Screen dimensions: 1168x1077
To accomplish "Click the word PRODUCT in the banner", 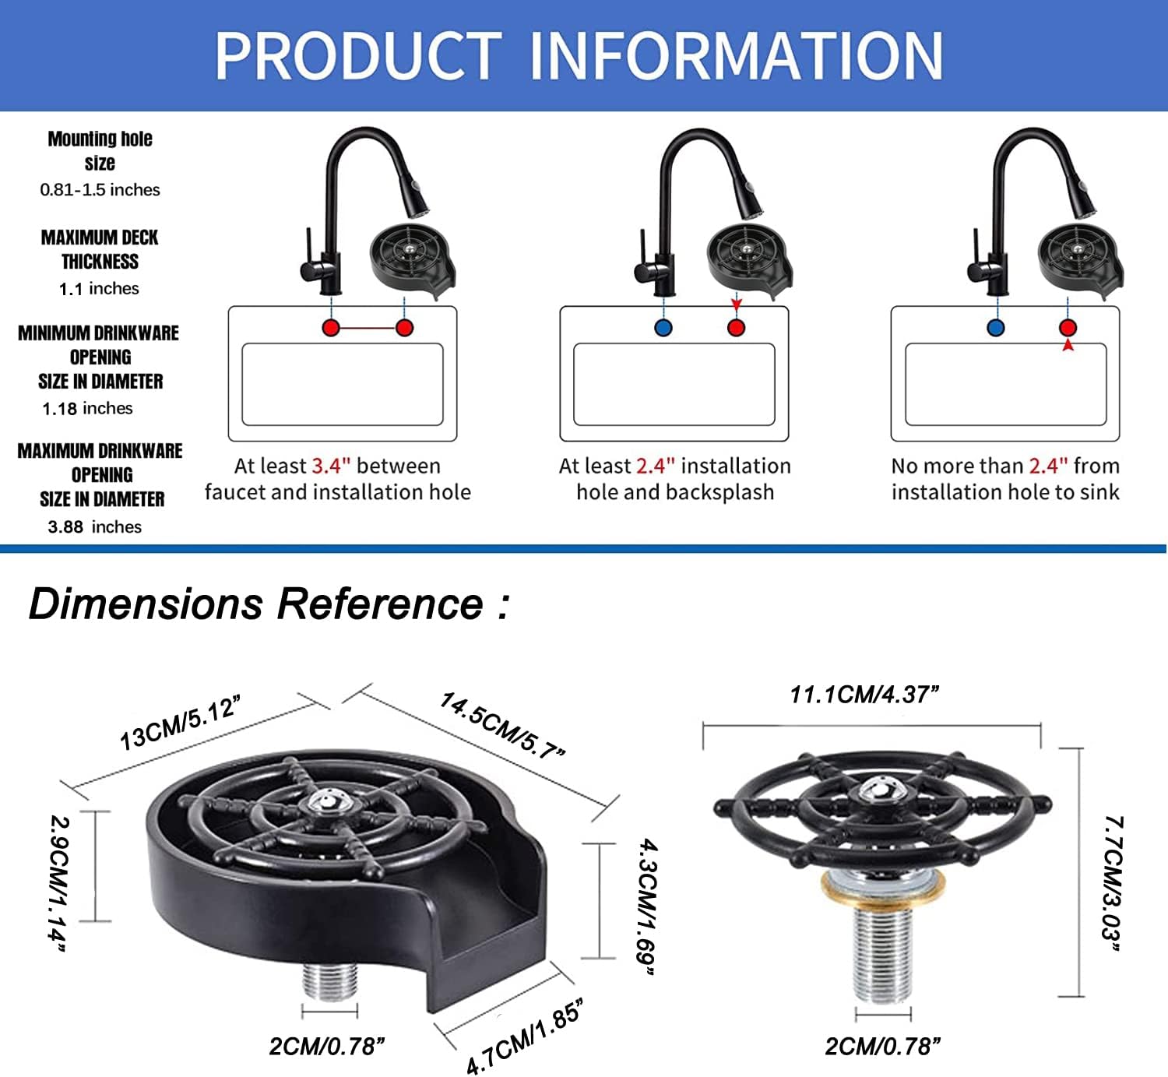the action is pos(358,55).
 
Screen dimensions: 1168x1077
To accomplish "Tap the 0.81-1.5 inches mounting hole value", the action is pos(100,190).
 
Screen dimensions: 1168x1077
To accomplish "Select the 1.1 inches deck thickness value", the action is pos(99,289).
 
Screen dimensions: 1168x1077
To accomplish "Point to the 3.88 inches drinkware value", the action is pos(94,527).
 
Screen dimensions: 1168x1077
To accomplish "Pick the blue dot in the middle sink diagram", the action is pos(663,328).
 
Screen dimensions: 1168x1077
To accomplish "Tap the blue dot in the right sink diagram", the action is pos(995,328).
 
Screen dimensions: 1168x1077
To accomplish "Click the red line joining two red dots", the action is pos(368,328).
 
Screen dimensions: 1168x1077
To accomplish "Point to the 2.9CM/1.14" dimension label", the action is pos(59,882).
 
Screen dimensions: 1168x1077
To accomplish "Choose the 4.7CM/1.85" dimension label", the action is pos(524,1037).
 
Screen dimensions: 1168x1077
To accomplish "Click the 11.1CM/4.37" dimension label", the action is pos(864,694).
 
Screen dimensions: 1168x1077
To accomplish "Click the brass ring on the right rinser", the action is pos(883,889).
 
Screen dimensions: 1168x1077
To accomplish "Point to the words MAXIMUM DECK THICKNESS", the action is pos(100,249).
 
